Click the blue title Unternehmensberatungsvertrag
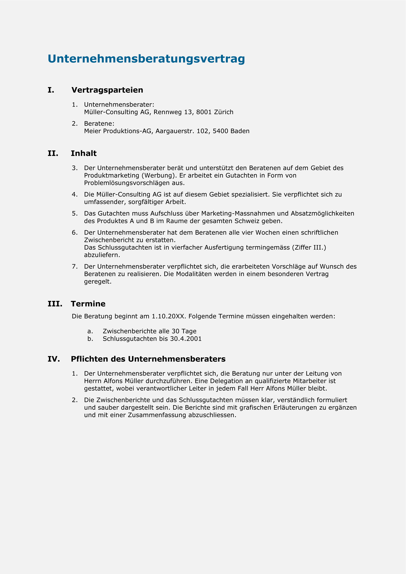coord(146,59)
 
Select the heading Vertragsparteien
coord(107,90)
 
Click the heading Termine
coord(88,304)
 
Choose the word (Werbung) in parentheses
coord(158,175)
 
